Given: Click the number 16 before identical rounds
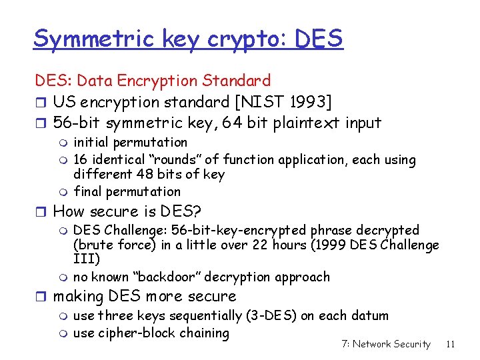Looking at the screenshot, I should point(81,159).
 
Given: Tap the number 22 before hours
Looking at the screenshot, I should point(261,245).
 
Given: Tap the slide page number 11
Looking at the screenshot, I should point(450,344).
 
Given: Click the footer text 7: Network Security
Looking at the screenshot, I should point(385,344).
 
